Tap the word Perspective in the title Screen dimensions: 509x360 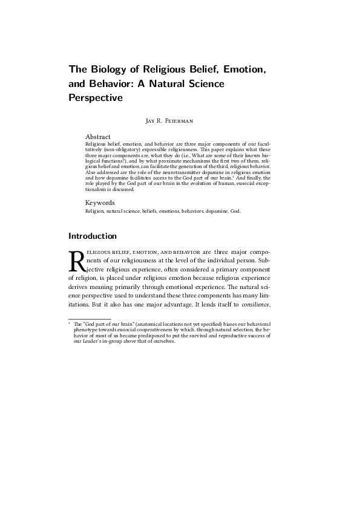coord(96,97)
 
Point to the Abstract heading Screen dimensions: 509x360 coord(98,137)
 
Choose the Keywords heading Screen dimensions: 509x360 coord(100,203)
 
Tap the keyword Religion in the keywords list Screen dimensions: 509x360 coord(94,211)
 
